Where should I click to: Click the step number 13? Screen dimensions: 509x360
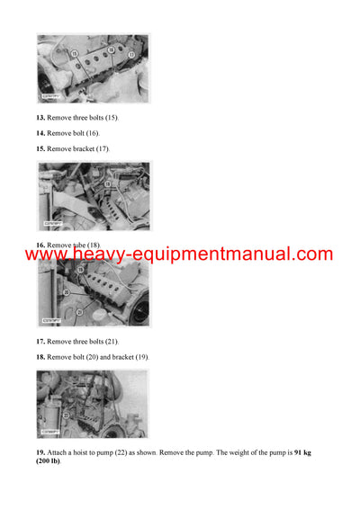click(40, 118)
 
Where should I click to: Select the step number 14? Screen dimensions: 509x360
click(40, 133)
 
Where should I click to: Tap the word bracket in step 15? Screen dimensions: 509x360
click(80, 147)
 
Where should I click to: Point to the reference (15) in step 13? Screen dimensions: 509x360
click(110, 118)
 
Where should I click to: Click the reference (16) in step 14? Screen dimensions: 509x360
click(94, 133)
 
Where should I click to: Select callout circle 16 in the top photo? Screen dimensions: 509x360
click(111, 49)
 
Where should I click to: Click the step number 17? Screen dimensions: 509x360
click(40, 342)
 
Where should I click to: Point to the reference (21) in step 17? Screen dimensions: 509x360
click(110, 342)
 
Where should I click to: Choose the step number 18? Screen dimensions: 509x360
click(40, 357)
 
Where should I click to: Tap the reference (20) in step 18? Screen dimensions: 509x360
click(94, 357)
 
